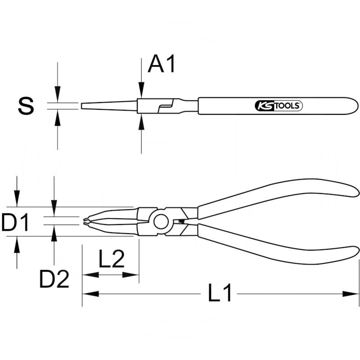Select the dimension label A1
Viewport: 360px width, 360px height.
point(162,65)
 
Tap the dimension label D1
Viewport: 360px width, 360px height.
point(16,223)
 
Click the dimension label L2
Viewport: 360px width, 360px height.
point(111,260)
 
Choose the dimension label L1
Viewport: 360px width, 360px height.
point(220,294)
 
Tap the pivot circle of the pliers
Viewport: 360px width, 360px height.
point(161,221)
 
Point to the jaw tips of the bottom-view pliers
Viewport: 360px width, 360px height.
point(85,220)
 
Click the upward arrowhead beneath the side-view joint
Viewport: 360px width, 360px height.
point(141,121)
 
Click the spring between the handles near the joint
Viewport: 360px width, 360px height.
point(182,221)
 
